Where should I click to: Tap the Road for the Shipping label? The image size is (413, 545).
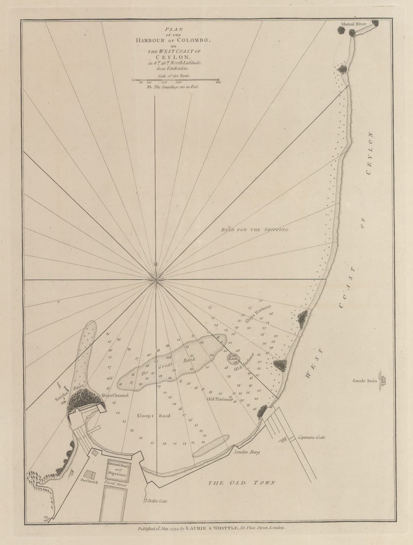pos(255,230)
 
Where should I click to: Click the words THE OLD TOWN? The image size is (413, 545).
pos(242,483)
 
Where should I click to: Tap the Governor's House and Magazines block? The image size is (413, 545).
pos(117,469)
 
